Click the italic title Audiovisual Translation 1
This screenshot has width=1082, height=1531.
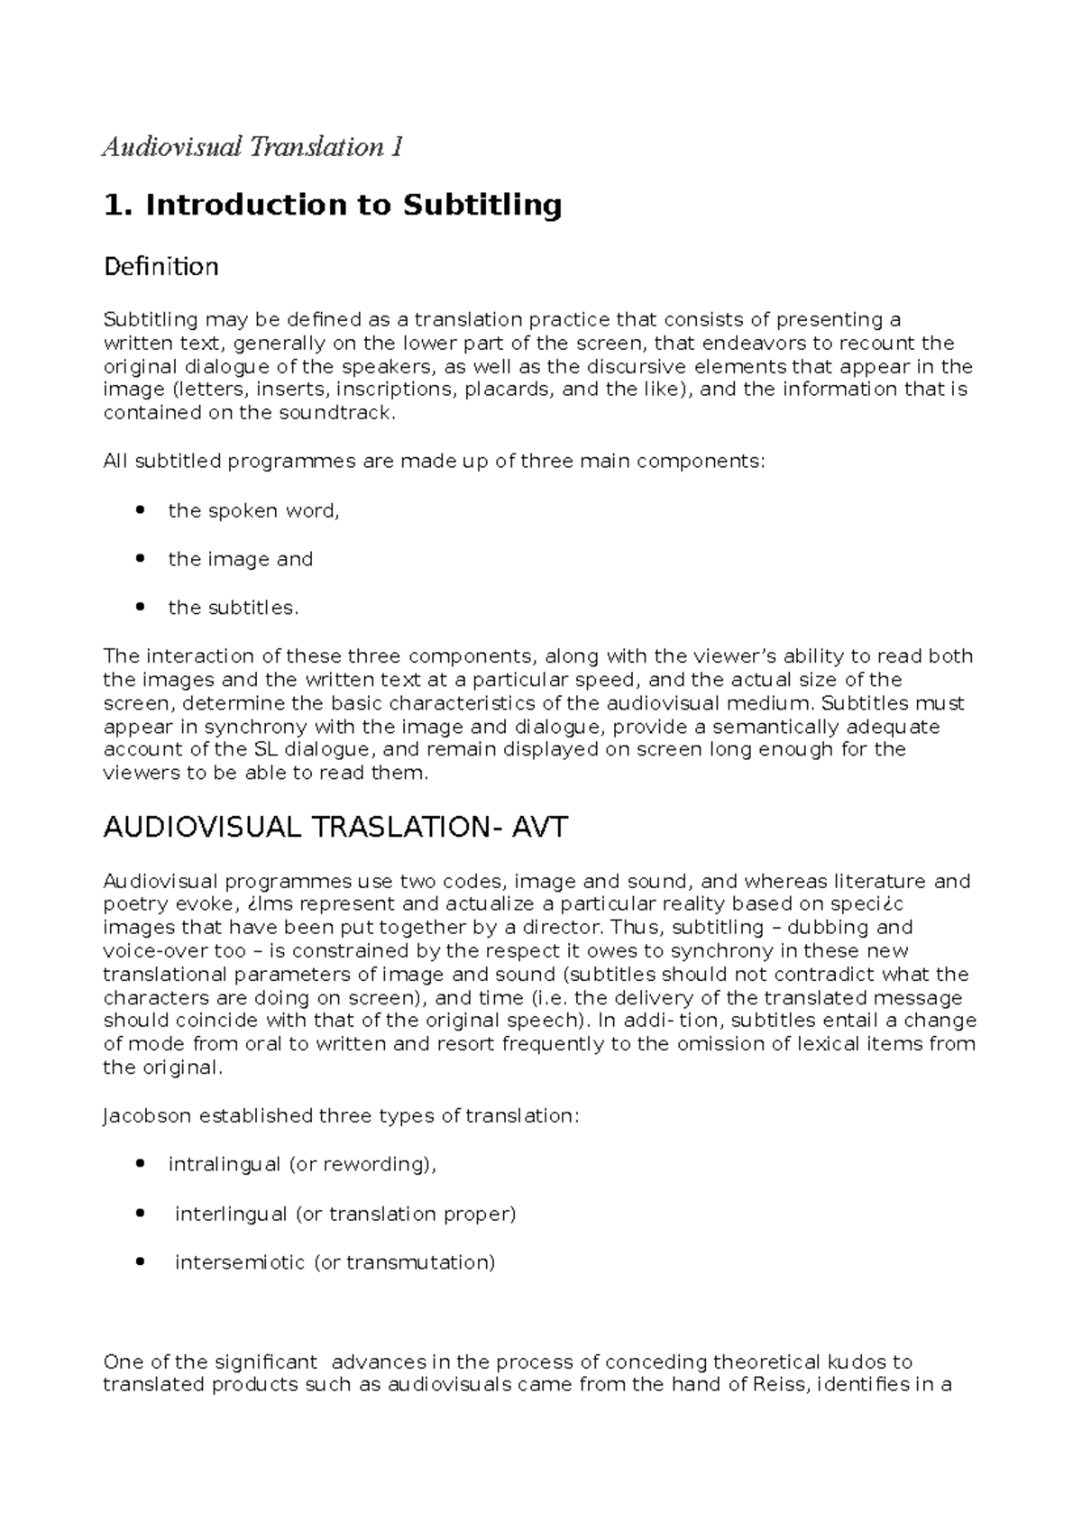click(252, 147)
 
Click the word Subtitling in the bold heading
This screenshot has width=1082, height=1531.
click(481, 206)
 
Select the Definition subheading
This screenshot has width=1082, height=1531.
click(161, 267)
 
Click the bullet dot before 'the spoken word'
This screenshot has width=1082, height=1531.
click(139, 511)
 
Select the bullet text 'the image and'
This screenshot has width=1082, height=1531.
click(240, 560)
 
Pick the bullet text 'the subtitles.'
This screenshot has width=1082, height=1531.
click(233, 609)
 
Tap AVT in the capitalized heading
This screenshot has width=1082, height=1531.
click(539, 828)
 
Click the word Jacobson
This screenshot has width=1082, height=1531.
click(147, 1116)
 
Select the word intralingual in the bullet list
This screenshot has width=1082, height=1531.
click(225, 1165)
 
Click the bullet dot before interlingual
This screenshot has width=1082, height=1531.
click(139, 1214)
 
